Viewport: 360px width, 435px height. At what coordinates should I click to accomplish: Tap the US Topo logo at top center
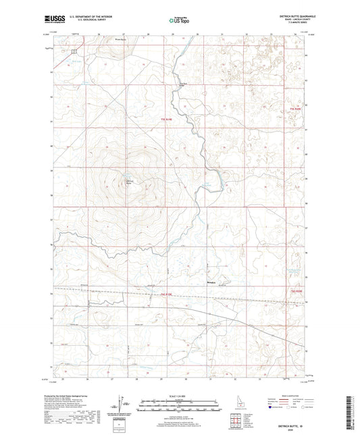pos(178,20)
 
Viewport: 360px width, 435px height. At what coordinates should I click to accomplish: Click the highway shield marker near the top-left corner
pos(74,51)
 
